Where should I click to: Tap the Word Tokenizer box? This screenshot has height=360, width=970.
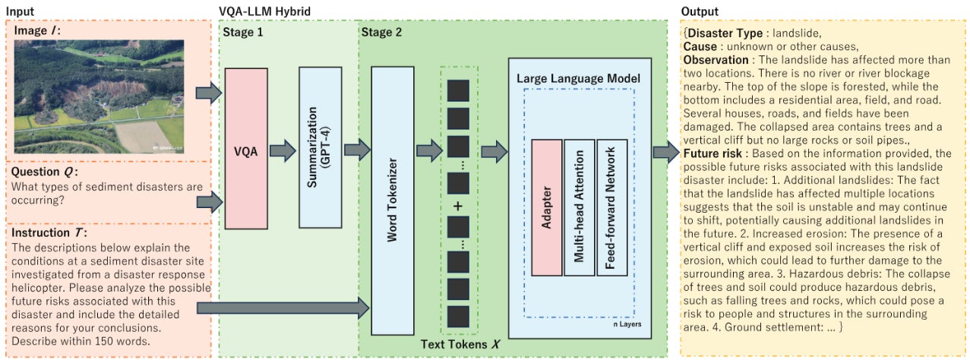pos(392,201)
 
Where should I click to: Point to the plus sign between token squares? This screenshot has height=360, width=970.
pos(458,207)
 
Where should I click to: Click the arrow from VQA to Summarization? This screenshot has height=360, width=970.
pos(283,150)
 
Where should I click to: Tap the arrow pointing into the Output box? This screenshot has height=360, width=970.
pos(666,151)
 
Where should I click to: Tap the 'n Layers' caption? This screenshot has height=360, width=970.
pos(627,324)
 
